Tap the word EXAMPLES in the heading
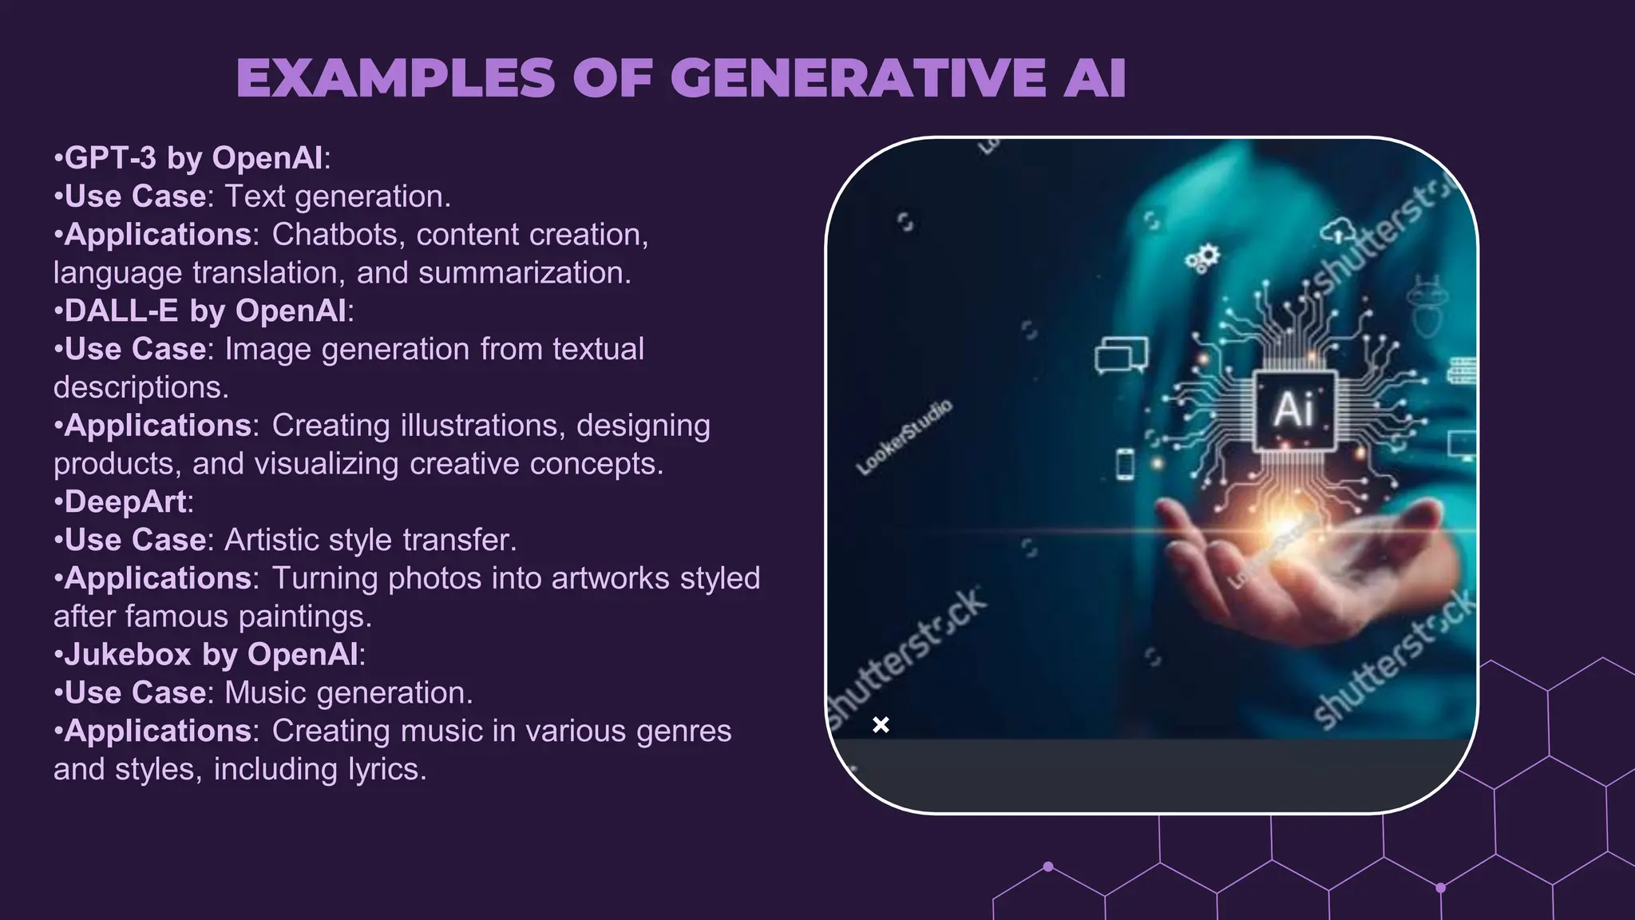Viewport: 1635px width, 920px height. point(395,78)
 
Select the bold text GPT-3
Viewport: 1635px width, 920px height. point(110,158)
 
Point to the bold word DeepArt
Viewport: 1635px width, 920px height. point(125,502)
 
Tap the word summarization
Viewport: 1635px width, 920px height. point(525,273)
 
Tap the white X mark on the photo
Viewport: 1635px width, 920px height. point(881,724)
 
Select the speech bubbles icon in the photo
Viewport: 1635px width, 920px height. point(1122,355)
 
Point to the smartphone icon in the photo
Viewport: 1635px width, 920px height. point(1124,464)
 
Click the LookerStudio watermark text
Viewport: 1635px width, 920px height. point(905,437)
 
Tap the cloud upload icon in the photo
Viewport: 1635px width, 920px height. point(1338,232)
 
